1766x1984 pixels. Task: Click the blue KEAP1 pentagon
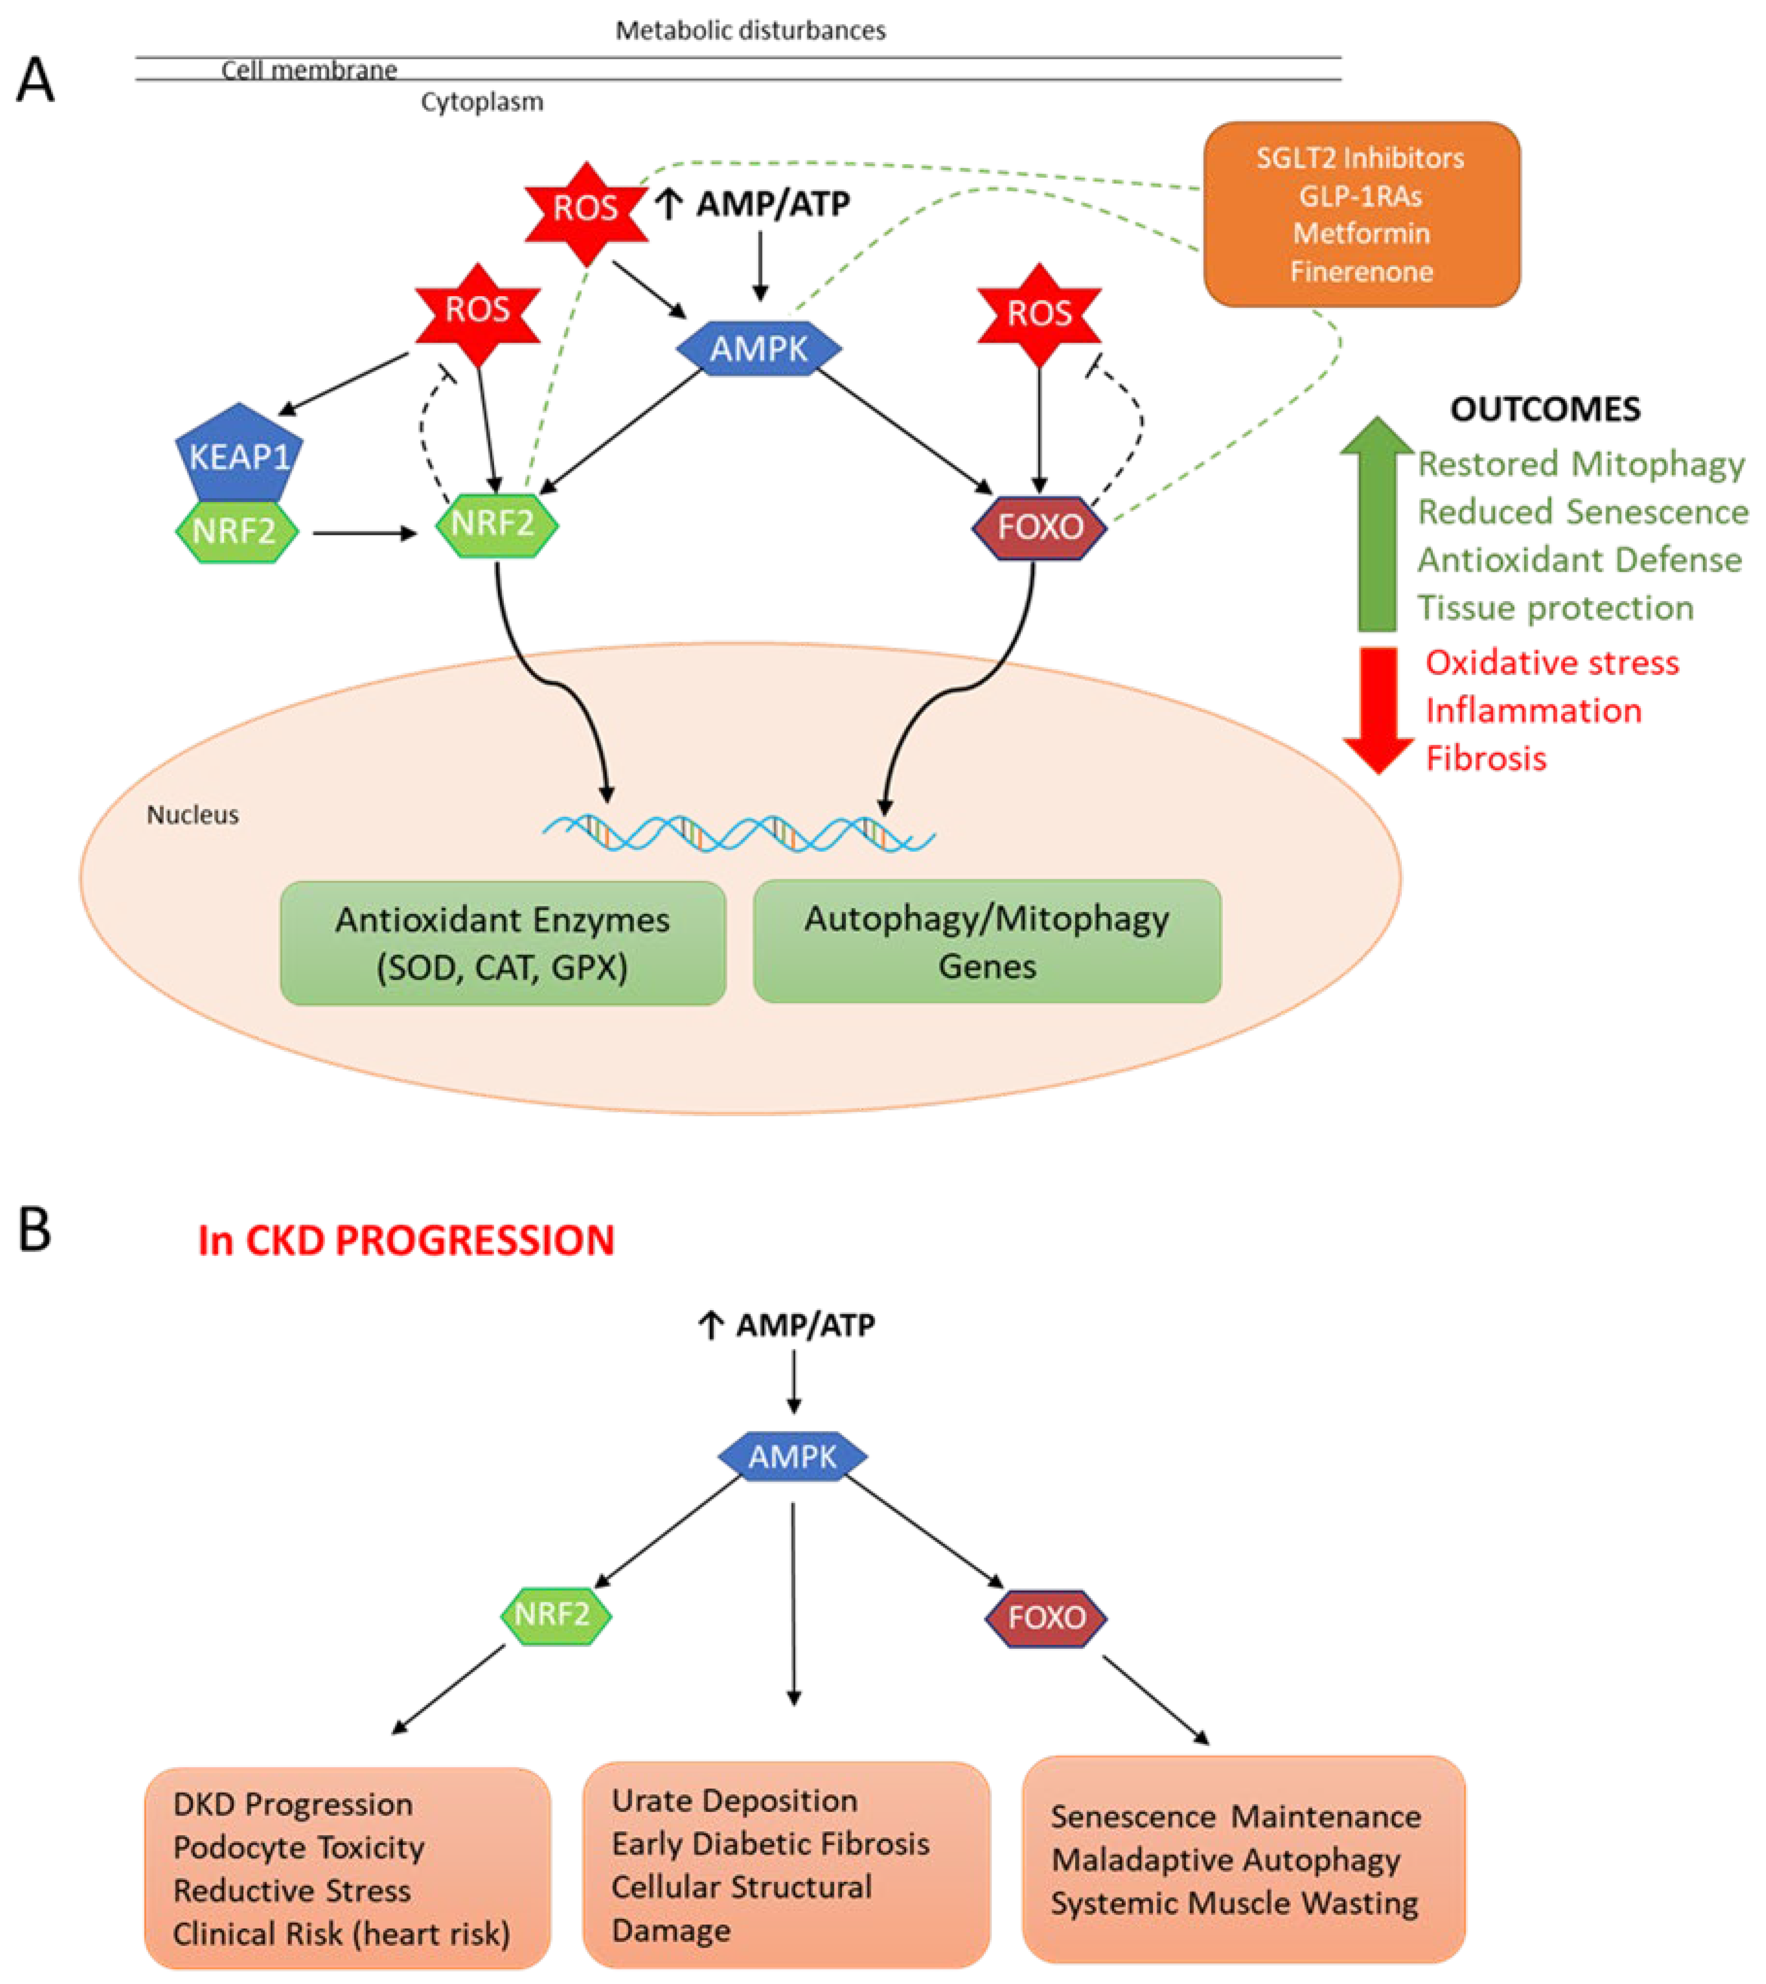(239, 452)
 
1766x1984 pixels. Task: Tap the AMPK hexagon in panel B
(792, 1456)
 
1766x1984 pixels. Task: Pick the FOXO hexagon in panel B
(1046, 1617)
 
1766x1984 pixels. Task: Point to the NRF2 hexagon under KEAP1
(236, 531)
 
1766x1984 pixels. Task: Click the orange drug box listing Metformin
(1361, 215)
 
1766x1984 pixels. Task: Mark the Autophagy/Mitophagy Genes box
(987, 942)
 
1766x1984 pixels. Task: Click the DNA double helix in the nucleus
(738, 833)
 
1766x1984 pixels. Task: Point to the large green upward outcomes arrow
(1377, 525)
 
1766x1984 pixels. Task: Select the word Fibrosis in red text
(1486, 758)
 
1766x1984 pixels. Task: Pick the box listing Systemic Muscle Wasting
(1243, 1859)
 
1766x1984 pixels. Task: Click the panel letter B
(35, 1230)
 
